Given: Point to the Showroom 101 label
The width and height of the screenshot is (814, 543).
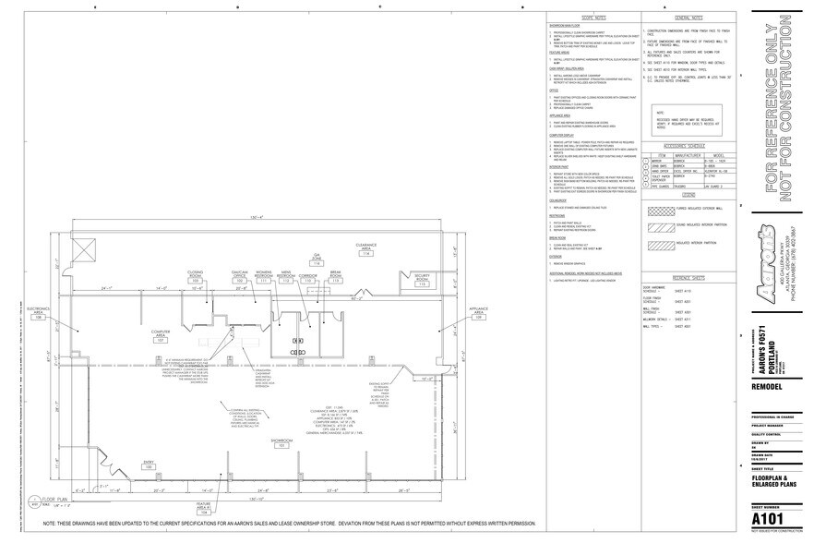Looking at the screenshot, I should coord(281,442).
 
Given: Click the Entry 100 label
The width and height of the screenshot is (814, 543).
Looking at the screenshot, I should coord(148,465).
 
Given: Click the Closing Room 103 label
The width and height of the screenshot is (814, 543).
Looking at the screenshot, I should coord(195,277).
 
